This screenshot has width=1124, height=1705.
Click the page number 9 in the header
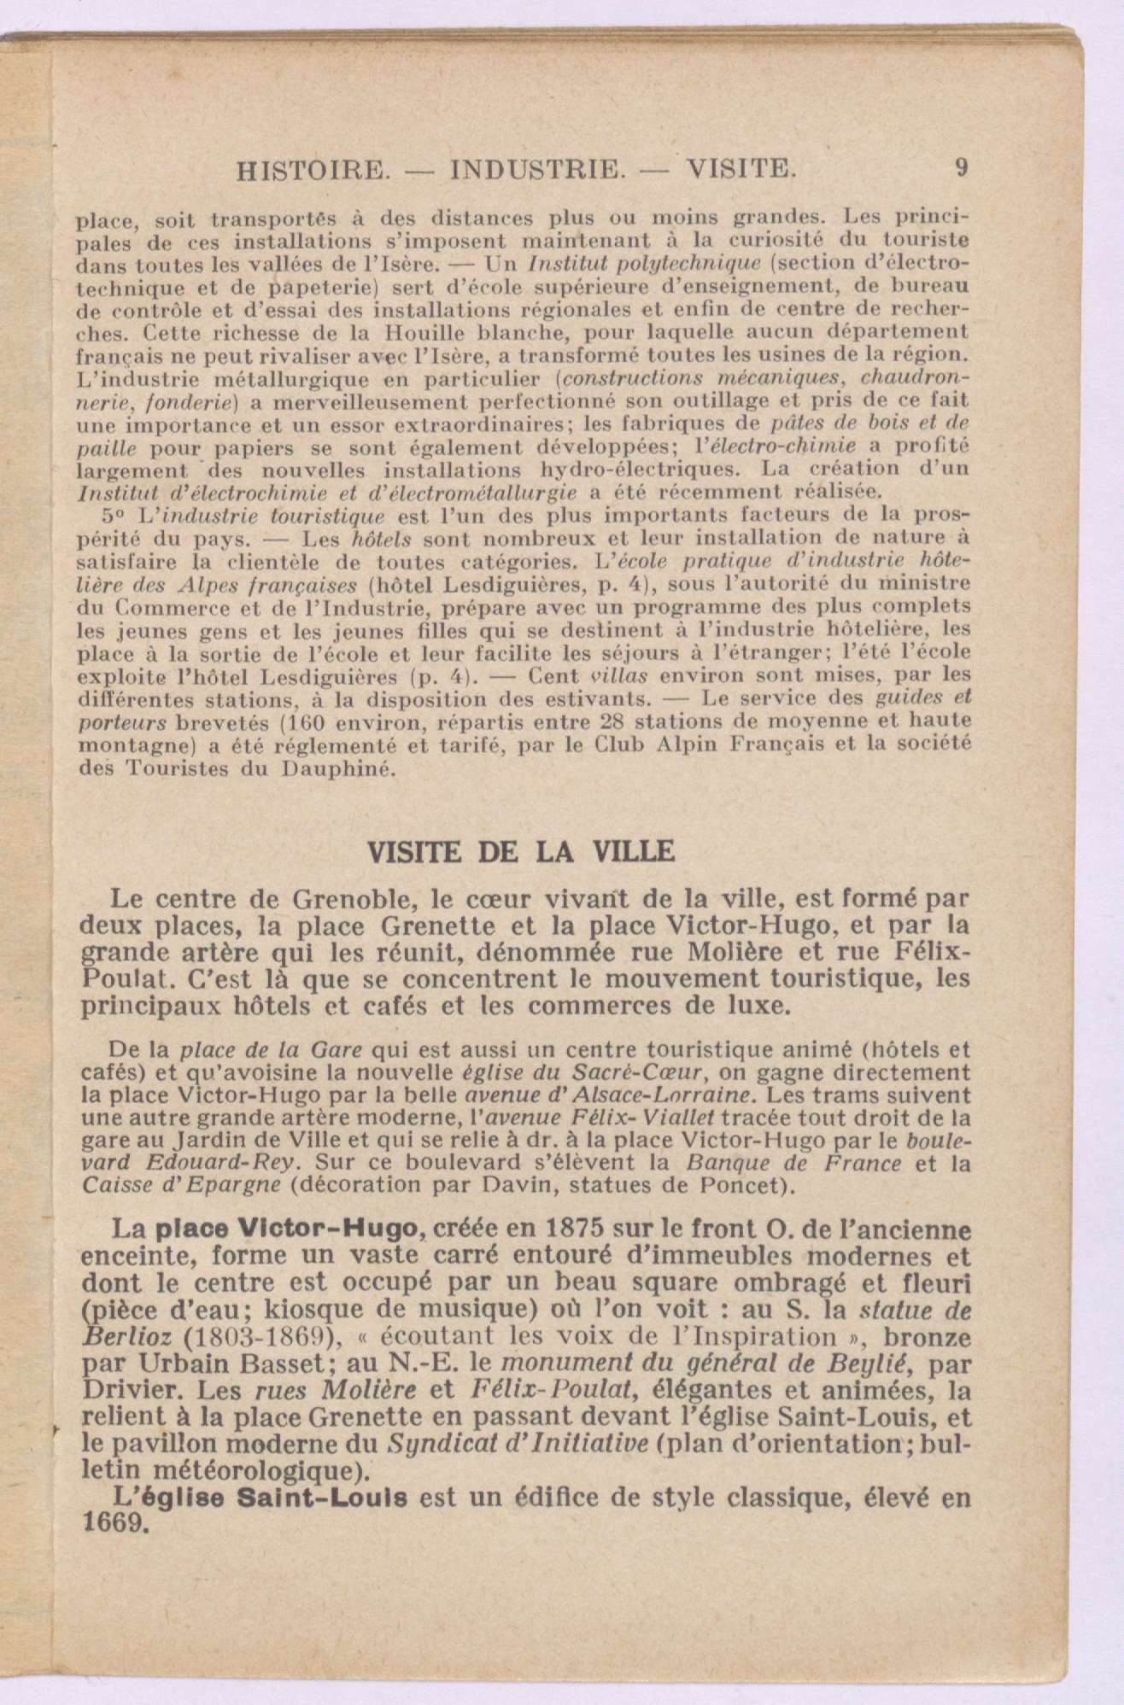click(963, 167)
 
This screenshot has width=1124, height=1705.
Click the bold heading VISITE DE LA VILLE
click(520, 851)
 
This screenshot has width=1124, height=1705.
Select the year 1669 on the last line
click(115, 1524)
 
